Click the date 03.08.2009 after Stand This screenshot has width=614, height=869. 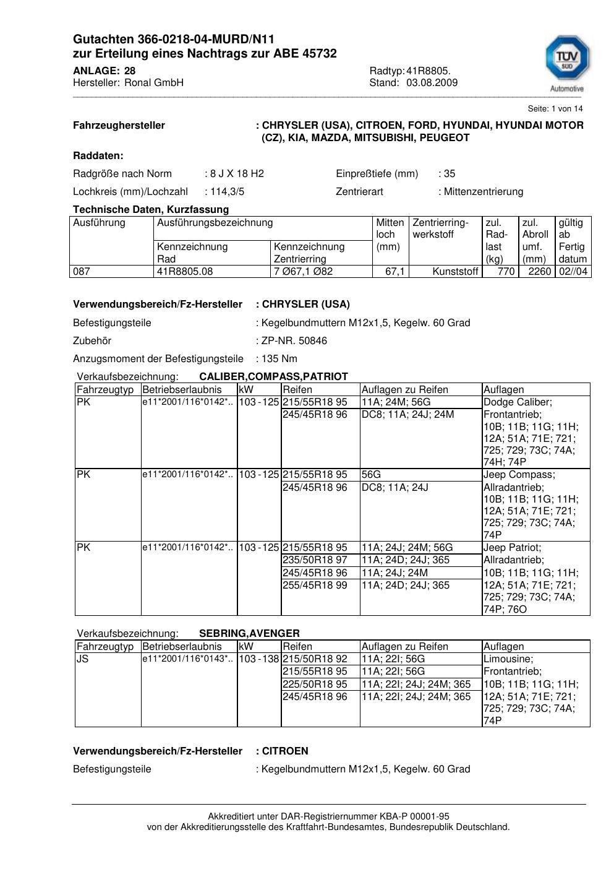432,83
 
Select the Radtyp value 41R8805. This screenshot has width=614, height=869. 429,71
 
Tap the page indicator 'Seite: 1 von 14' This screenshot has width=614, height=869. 555,108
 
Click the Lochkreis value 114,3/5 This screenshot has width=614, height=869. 227,191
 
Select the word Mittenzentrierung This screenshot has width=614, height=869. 483,191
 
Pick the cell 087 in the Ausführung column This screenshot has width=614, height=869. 82,271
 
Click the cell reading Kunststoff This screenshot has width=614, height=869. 456,271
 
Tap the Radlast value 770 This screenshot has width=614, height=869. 506,271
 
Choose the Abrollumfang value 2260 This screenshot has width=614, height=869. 539,271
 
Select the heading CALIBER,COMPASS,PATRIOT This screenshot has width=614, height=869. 273,376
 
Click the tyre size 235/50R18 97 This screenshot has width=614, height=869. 315,560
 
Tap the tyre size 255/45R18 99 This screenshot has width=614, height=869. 315,585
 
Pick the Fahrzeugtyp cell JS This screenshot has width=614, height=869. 82,659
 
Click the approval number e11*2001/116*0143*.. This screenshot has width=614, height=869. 187,659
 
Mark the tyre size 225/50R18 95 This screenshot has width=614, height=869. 315,684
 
